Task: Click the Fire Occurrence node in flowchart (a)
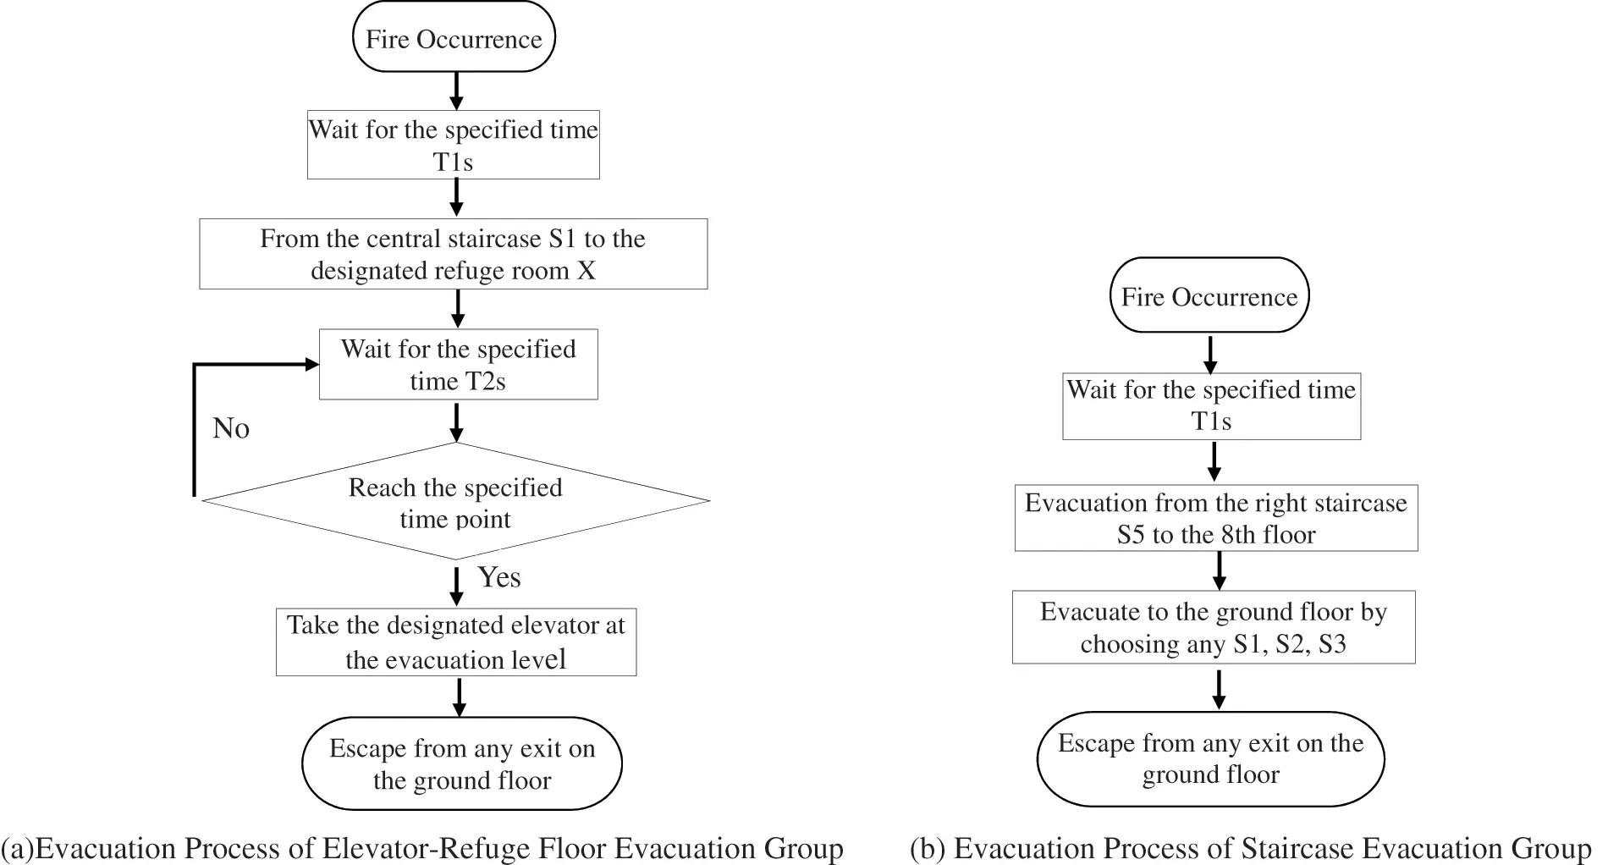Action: (x=454, y=39)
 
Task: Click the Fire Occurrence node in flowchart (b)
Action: (x=1209, y=296)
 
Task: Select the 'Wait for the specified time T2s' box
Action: (x=458, y=365)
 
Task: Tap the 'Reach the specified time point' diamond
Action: (x=455, y=503)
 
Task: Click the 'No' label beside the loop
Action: (x=230, y=428)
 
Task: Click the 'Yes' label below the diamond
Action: (x=499, y=577)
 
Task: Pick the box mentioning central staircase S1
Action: (x=453, y=254)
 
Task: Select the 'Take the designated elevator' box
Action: (x=455, y=642)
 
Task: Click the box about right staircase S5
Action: (x=1215, y=518)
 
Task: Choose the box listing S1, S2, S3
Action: (x=1213, y=627)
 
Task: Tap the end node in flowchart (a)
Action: (x=461, y=764)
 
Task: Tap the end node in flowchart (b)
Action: (x=1210, y=758)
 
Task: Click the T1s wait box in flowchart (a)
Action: (x=453, y=145)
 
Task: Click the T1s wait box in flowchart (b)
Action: (x=1211, y=405)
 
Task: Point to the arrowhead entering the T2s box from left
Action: (x=311, y=365)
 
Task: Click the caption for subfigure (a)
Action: (x=421, y=848)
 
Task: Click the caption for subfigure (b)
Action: (x=1250, y=848)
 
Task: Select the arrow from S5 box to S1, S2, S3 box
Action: (x=1219, y=571)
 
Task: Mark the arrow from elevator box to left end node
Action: (x=459, y=697)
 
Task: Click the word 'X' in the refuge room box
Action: (x=586, y=271)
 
